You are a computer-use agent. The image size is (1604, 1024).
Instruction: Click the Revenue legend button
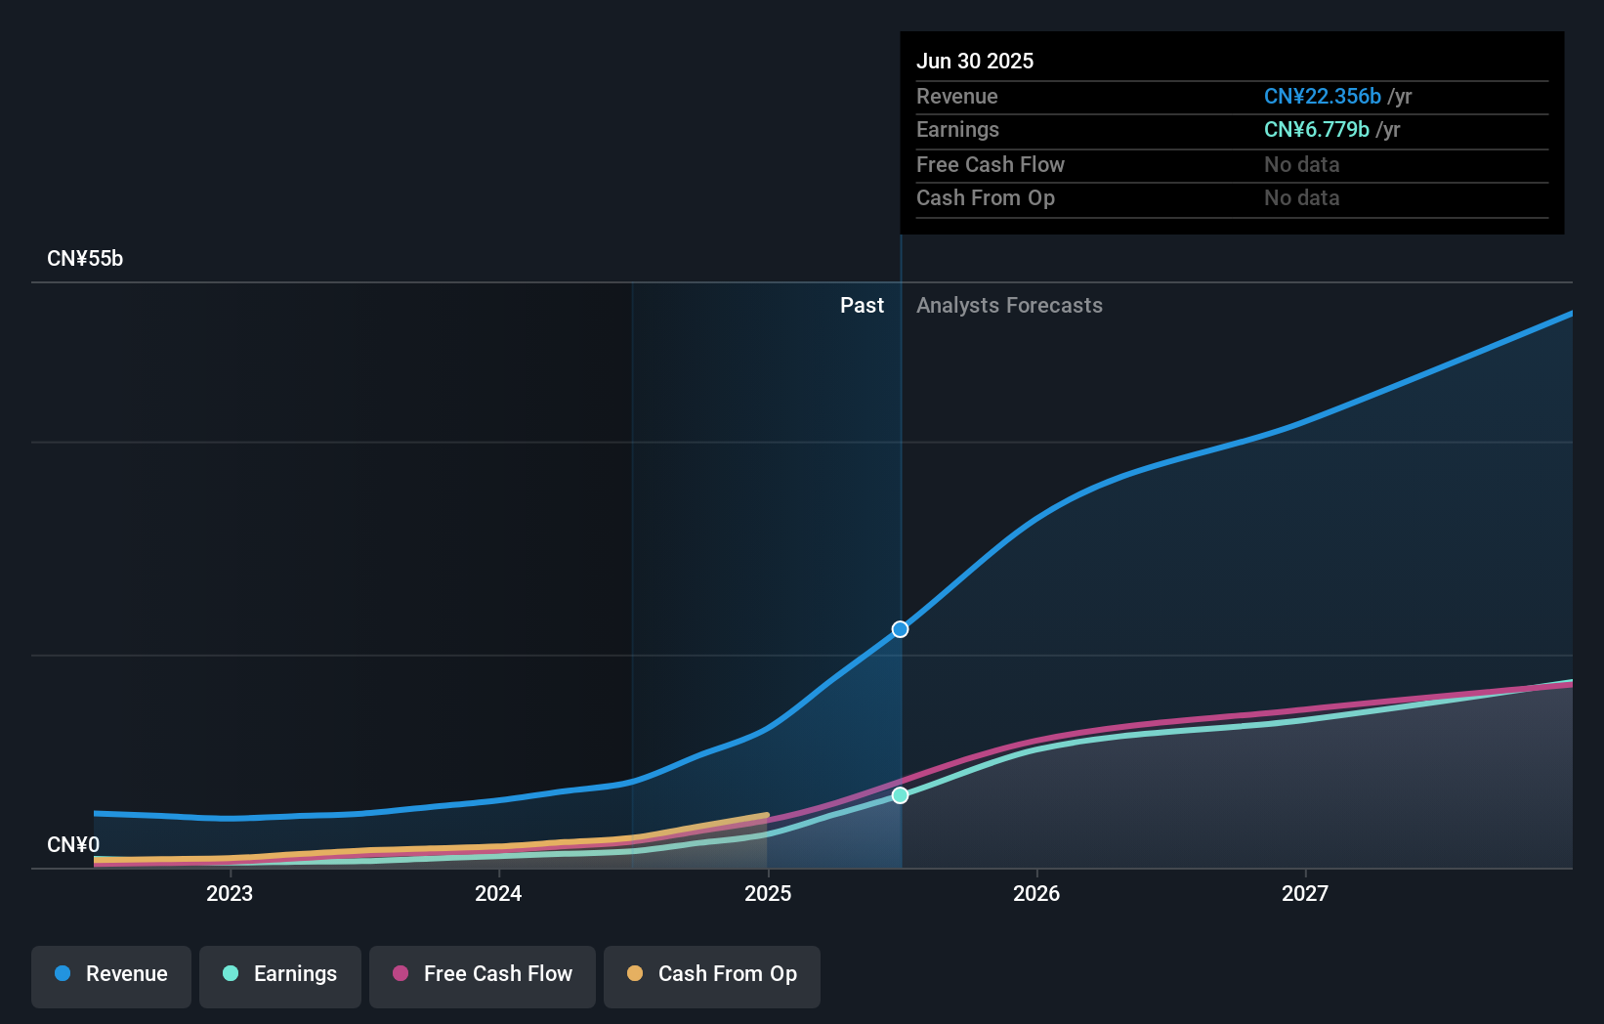111,974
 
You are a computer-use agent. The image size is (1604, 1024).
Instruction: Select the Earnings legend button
280,974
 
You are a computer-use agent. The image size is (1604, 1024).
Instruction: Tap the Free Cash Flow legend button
483,974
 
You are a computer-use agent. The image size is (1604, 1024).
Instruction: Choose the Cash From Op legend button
712,974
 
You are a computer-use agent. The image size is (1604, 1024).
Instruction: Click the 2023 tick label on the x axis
230,893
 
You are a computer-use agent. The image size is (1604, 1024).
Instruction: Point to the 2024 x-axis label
498,893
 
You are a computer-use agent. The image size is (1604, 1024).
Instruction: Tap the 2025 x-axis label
768,893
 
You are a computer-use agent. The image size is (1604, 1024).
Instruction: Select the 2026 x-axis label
1036,893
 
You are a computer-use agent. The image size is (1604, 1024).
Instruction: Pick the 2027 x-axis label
1305,893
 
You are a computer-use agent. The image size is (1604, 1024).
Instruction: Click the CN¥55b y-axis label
85,259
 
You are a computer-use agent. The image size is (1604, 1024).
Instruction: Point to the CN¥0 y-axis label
73,844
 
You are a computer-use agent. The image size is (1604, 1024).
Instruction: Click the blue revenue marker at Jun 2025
900,629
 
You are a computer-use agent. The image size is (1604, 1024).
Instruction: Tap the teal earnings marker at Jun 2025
900,795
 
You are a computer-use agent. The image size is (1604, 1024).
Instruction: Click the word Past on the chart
862,306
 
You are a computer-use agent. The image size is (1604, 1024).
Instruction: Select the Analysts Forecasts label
1009,306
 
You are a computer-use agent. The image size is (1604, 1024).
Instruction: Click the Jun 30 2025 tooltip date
975,61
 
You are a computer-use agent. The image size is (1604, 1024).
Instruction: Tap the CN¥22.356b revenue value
1322,96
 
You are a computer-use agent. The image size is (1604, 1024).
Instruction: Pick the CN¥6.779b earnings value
1316,129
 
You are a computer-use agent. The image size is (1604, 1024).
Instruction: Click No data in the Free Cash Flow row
1301,164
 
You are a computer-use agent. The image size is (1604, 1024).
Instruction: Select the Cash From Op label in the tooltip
985,198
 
